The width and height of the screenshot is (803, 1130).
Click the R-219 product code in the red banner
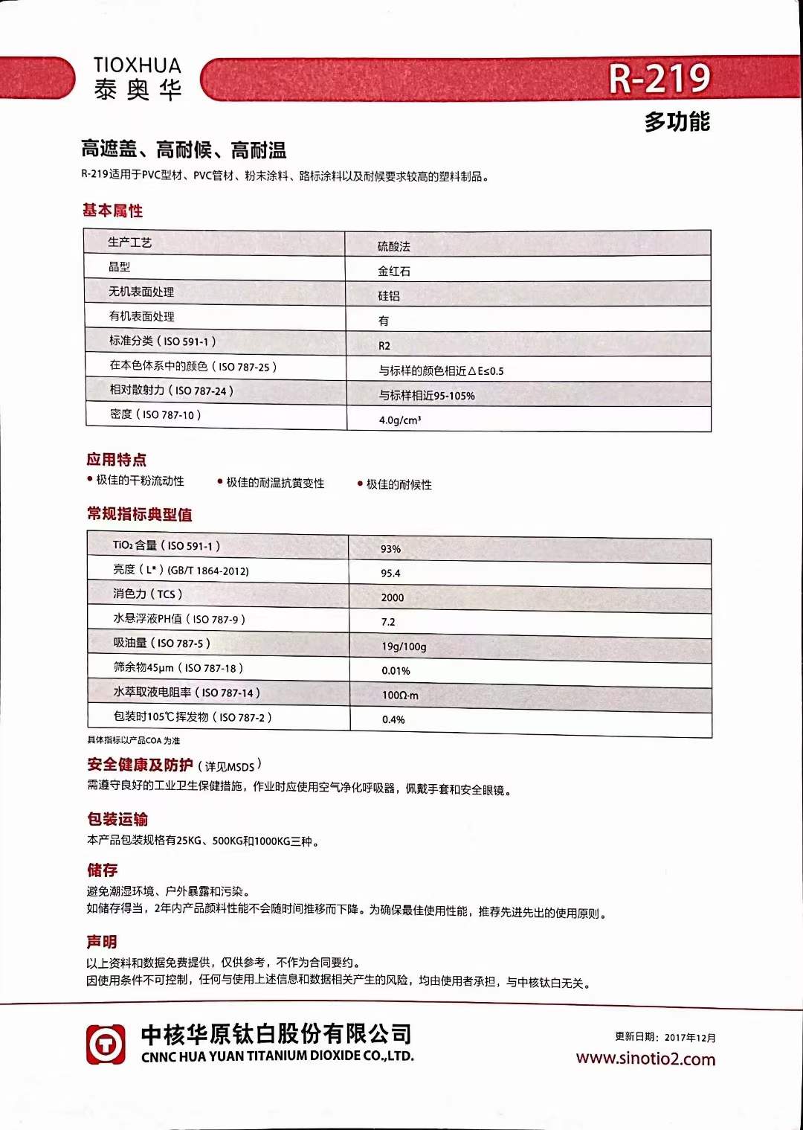point(660,79)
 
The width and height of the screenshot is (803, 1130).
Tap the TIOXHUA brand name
point(138,65)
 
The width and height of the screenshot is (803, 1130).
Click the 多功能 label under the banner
point(677,121)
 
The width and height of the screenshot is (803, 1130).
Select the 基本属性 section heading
point(112,211)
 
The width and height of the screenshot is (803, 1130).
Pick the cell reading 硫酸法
point(393,246)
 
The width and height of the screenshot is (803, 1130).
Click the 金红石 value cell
point(393,272)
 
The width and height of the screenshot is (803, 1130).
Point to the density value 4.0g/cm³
point(400,420)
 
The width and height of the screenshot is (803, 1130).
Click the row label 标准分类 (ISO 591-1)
point(162,341)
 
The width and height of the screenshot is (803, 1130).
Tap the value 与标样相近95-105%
point(427,396)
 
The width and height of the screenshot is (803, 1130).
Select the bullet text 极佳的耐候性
point(399,484)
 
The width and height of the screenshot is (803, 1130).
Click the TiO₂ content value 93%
point(390,549)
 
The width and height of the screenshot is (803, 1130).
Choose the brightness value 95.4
point(390,574)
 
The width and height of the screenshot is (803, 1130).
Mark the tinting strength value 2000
point(393,597)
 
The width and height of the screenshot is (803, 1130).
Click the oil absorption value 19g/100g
point(404,646)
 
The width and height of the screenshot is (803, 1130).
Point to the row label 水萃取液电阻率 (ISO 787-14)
point(187,693)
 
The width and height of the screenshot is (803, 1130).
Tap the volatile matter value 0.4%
point(393,719)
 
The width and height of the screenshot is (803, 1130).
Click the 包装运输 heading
point(117,819)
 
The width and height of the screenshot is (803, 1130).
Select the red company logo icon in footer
point(106,1044)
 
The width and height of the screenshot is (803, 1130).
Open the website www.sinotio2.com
point(645,1059)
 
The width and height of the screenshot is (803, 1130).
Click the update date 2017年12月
point(690,1037)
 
